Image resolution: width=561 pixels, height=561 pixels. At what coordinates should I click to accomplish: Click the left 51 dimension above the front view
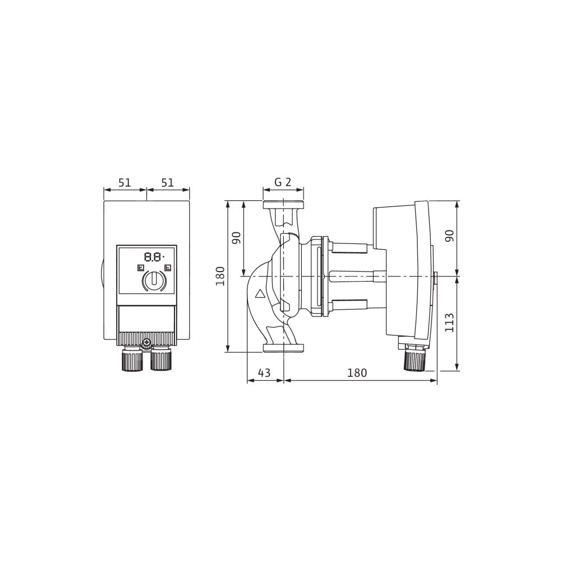point(125,183)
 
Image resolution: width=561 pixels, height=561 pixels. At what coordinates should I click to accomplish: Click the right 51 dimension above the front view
point(167,183)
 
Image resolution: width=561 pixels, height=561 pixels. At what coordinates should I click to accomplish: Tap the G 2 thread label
point(283,182)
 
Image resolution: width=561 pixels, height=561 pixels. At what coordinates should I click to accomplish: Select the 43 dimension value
point(264,373)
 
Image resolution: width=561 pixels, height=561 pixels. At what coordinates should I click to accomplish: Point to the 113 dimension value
point(449,323)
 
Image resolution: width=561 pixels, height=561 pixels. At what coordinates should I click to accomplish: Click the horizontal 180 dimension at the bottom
point(357,373)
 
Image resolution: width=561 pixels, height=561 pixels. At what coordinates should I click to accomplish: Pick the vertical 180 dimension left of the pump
point(220,276)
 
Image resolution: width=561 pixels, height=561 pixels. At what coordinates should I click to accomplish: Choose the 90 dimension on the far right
point(449,236)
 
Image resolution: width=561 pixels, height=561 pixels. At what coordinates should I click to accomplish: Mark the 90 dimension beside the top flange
point(237,237)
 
